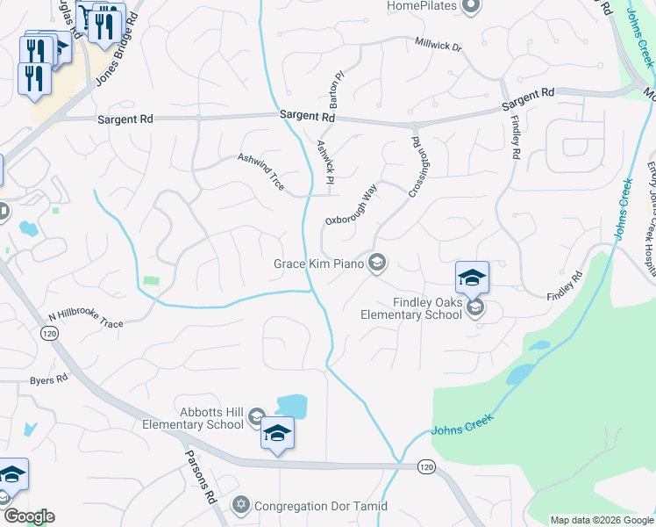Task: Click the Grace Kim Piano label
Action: (x=317, y=263)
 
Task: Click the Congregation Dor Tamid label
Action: (x=320, y=506)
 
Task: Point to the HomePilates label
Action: (x=424, y=7)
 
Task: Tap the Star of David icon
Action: (x=241, y=505)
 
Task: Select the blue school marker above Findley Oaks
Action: (x=472, y=278)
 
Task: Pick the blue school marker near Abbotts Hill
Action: (x=277, y=434)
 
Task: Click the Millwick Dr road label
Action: (x=439, y=43)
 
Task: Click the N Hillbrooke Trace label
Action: (x=86, y=319)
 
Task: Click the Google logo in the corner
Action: (x=28, y=516)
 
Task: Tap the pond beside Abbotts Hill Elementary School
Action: (x=291, y=406)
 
